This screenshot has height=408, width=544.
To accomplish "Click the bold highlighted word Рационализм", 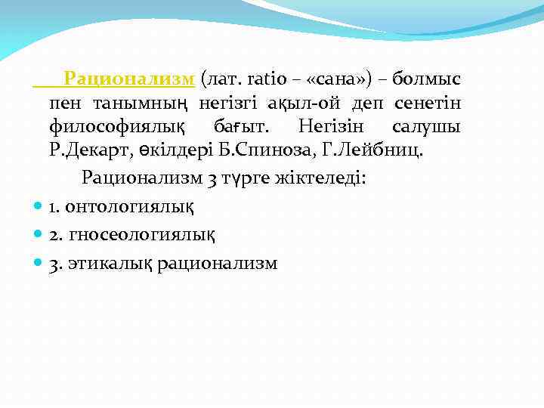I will [x=130, y=79].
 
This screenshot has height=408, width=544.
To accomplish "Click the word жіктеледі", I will [x=323, y=178].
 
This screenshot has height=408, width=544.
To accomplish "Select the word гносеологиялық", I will [x=141, y=235].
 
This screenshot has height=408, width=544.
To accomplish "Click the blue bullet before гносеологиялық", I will [x=39, y=235].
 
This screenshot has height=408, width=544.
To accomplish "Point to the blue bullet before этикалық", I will [x=39, y=263].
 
